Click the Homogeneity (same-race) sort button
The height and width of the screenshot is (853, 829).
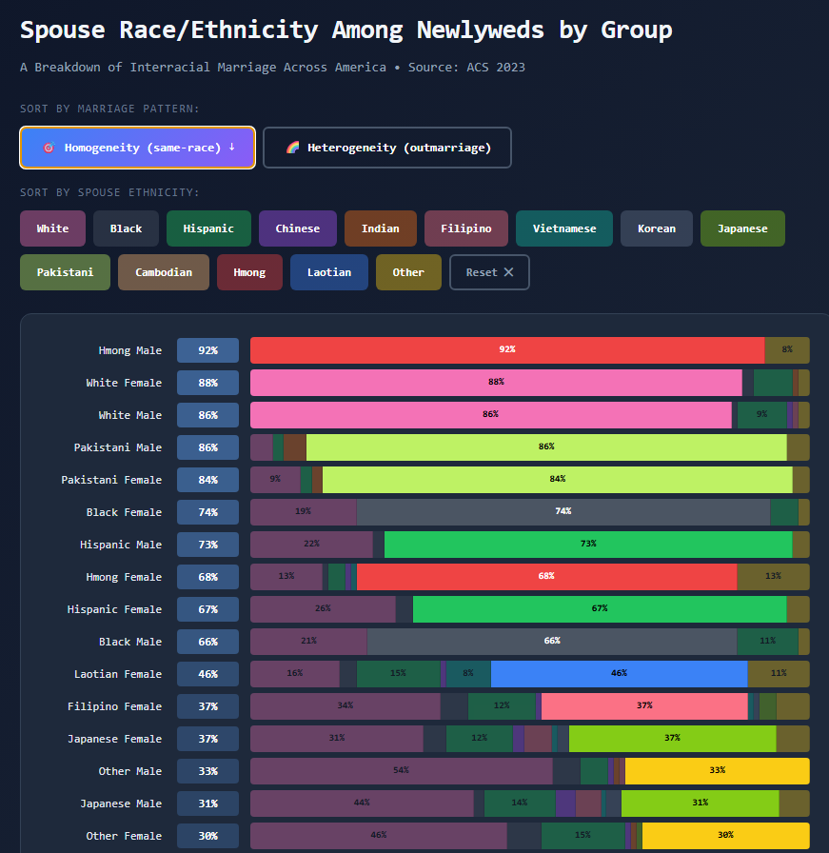tap(137, 148)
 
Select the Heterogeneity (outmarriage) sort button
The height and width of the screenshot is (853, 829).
tap(387, 148)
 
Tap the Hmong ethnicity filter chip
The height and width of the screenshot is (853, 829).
tap(249, 272)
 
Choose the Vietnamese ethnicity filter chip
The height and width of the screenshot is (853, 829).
tap(564, 228)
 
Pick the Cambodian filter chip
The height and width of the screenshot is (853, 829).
tap(164, 272)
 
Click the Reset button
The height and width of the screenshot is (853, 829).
tap(489, 272)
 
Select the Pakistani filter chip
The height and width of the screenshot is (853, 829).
tap(65, 272)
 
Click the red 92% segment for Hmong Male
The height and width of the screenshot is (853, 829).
tap(506, 350)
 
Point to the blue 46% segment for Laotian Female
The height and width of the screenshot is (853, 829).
tap(619, 674)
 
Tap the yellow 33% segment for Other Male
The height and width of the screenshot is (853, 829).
tap(717, 771)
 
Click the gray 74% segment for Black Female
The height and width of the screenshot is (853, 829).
tap(563, 512)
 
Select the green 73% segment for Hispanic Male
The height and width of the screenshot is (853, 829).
tap(587, 545)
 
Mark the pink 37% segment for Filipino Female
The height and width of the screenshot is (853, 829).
tap(644, 706)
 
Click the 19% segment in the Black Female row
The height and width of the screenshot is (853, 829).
tap(303, 512)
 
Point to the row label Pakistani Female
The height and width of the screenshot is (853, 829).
tap(111, 480)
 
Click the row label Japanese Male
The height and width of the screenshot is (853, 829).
tap(121, 803)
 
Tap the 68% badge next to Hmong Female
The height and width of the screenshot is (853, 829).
tap(207, 577)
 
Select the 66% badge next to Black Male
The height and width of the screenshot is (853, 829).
tap(207, 642)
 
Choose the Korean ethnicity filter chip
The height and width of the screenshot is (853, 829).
tap(656, 228)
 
